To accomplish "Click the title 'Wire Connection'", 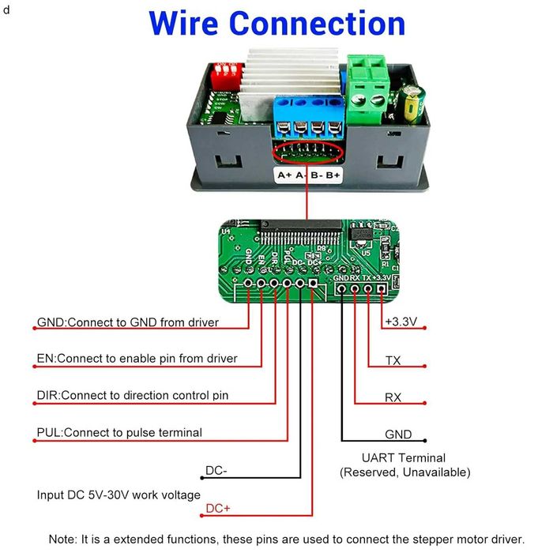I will tap(276, 24).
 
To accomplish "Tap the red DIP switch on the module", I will tap(225, 76).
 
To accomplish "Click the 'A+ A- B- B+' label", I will tap(308, 175).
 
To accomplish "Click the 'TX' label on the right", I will tap(393, 360).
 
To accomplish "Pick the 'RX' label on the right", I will tap(393, 397).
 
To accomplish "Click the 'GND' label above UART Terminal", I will tap(398, 434).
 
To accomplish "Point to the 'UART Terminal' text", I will tap(404, 457).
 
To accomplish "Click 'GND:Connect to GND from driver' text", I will tap(128, 322).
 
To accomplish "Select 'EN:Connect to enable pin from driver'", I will tap(137, 359).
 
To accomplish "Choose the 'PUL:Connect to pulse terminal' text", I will tap(119, 432).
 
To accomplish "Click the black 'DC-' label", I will tap(216, 471).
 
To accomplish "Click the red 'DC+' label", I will tap(218, 509).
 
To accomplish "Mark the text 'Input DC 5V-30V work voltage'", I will tap(118, 495).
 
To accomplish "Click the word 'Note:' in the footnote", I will tap(63, 538).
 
